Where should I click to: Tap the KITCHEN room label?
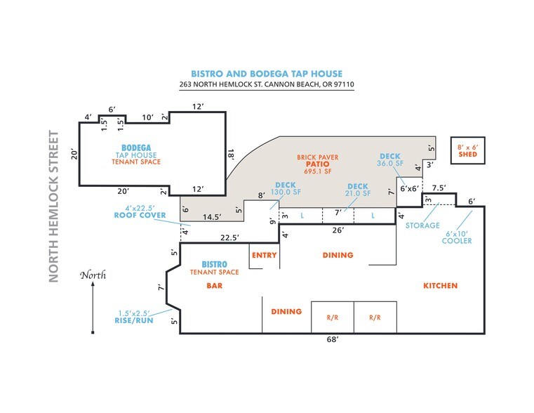click(x=441, y=286)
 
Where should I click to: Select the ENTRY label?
click(x=265, y=255)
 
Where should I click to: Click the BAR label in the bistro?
click(x=214, y=286)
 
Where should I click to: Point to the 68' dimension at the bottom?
click(x=333, y=339)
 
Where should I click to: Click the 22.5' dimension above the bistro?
click(x=229, y=237)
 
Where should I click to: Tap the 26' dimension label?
click(x=338, y=230)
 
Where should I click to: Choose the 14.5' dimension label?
click(x=212, y=217)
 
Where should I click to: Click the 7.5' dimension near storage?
click(x=439, y=188)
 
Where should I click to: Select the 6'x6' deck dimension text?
click(x=410, y=188)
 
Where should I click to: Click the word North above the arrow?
click(x=93, y=275)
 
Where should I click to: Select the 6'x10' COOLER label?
click(x=457, y=237)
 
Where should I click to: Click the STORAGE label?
click(x=422, y=225)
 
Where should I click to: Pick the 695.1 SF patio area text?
click(x=318, y=171)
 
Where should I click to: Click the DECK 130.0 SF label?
click(x=286, y=188)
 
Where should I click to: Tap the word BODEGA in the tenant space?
click(x=136, y=148)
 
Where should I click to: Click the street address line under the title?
click(x=267, y=84)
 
